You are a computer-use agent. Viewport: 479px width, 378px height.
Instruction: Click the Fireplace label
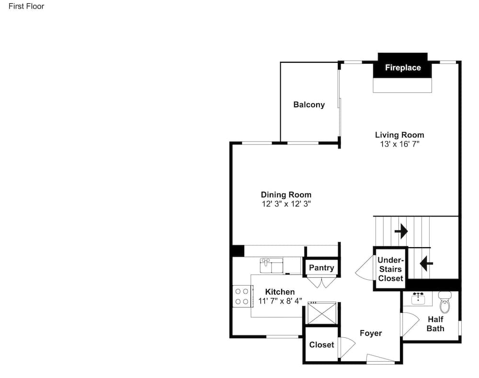(x=403, y=68)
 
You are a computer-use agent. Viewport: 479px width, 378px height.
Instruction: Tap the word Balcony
(x=309, y=104)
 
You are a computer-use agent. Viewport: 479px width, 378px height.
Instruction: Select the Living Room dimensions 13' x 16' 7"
(x=399, y=144)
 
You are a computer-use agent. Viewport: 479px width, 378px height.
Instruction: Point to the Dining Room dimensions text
(x=286, y=204)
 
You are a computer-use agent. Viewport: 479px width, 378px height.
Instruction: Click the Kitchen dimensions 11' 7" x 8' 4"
(x=280, y=301)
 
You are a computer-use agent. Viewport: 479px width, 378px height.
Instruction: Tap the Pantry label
(x=321, y=268)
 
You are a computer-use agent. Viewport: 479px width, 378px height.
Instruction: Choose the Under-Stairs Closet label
(x=391, y=269)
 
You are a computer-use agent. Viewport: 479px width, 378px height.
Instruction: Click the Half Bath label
(x=435, y=324)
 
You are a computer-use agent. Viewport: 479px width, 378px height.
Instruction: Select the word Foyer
(x=371, y=333)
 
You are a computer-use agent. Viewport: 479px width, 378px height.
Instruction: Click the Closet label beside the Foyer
(x=321, y=344)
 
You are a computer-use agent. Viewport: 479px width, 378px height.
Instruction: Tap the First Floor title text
(x=26, y=6)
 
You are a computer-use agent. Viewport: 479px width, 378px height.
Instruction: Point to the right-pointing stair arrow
(x=401, y=231)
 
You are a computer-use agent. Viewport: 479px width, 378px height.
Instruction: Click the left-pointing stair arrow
(x=426, y=263)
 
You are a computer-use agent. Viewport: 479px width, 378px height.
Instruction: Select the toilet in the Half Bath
(x=445, y=302)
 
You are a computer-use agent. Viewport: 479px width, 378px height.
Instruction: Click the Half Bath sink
(x=418, y=298)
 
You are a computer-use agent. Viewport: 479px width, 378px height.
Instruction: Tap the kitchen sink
(x=271, y=265)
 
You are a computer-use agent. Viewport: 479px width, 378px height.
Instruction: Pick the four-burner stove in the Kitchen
(x=242, y=297)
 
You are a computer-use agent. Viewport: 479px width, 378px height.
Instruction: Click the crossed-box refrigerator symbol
(x=322, y=313)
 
